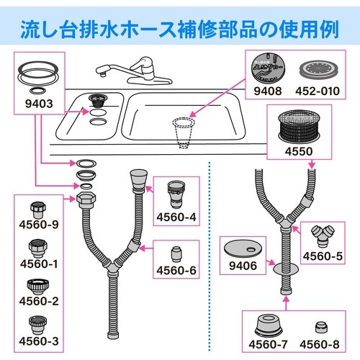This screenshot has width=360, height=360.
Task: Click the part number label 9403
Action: click(x=39, y=104)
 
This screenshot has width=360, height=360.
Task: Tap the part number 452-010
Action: click(x=318, y=91)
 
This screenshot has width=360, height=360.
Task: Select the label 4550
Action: click(x=299, y=151)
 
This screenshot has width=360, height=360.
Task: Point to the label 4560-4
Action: click(x=176, y=217)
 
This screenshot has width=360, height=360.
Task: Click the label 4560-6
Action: click(x=176, y=271)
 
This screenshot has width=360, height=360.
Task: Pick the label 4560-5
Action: click(x=323, y=256)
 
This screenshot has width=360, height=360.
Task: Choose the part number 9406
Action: click(x=243, y=266)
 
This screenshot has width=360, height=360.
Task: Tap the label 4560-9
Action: click(x=39, y=225)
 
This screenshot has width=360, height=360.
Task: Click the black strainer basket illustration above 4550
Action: click(x=299, y=127)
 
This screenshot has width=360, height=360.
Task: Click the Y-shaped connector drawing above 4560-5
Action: click(x=323, y=236)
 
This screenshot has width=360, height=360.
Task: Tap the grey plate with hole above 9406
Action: click(x=243, y=249)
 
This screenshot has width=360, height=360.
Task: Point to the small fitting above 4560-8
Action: click(x=320, y=327)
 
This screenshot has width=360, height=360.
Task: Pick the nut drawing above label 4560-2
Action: click(x=38, y=287)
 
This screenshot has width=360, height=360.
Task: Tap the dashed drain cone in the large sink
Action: click(x=184, y=132)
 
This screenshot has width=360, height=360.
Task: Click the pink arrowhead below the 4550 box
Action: click(x=312, y=166)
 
